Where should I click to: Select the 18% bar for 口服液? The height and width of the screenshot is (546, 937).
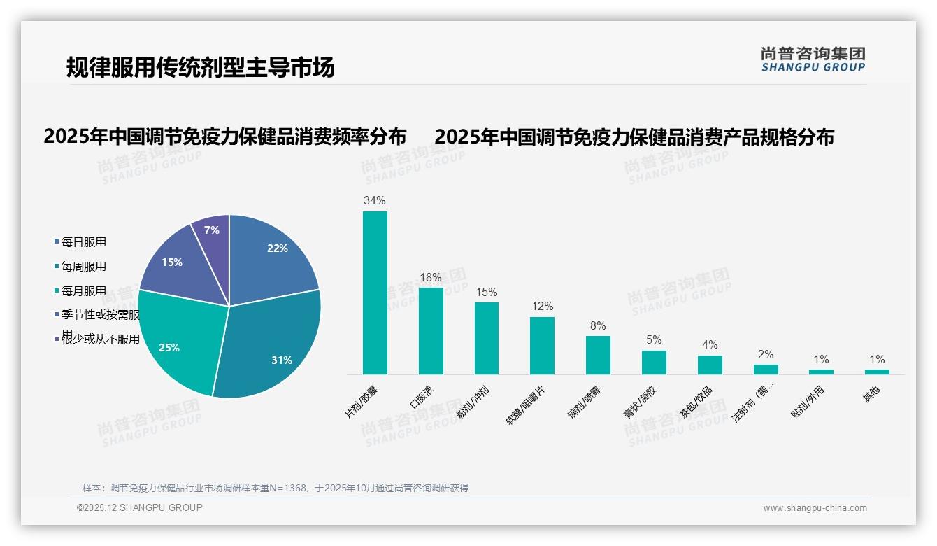point(431,330)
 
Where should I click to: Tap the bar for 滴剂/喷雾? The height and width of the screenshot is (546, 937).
point(598,355)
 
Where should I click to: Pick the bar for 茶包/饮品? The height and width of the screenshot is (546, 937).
point(710,365)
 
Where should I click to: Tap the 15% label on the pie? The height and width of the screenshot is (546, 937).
point(172,262)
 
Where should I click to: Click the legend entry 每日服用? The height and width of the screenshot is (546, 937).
point(84,242)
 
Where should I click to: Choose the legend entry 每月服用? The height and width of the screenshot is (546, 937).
point(84,291)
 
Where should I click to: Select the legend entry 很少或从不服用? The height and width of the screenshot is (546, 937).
point(101,340)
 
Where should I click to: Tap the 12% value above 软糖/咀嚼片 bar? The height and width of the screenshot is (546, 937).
point(542,307)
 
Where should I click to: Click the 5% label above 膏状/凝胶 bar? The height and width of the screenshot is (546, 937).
point(654,340)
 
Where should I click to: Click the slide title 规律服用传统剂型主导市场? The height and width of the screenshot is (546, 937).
point(200,67)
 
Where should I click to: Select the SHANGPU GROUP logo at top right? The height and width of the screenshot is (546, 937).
point(813,59)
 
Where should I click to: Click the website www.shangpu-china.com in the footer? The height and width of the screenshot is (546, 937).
point(815,508)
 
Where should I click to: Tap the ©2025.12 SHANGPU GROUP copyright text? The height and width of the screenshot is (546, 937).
point(140,507)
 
